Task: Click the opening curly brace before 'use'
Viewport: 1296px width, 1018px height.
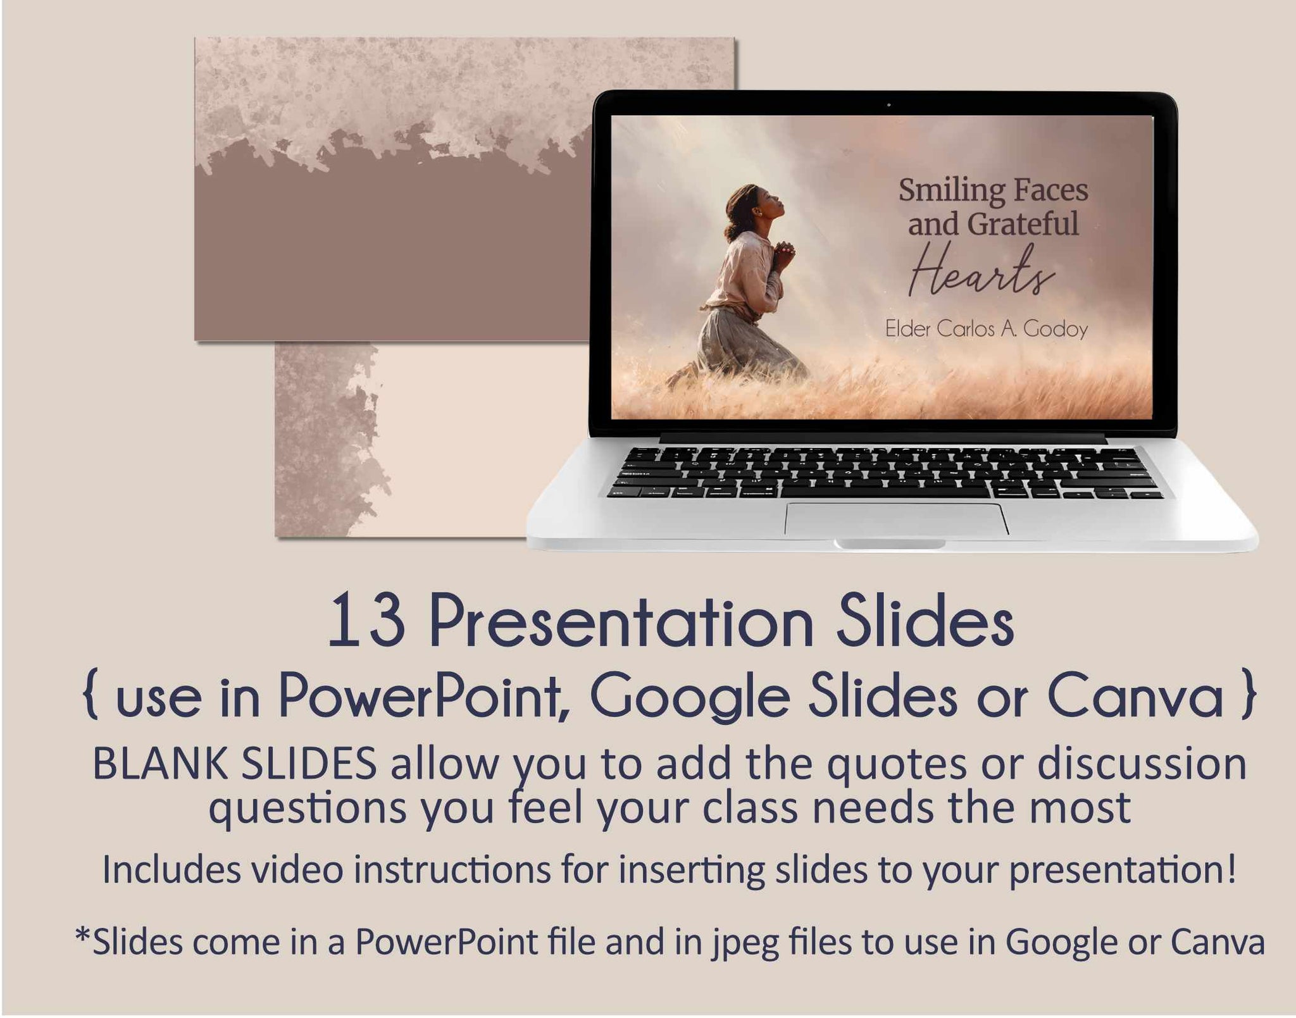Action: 91,697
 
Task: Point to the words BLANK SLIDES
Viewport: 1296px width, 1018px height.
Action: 235,765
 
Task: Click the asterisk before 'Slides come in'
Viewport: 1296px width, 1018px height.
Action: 82,936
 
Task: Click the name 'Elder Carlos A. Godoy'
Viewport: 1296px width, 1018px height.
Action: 986,329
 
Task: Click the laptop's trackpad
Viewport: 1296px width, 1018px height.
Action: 897,519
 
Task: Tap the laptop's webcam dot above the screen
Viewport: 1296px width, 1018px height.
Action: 888,104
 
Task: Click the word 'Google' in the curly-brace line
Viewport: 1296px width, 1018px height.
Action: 690,698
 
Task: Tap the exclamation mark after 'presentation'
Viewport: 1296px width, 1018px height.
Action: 1230,868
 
